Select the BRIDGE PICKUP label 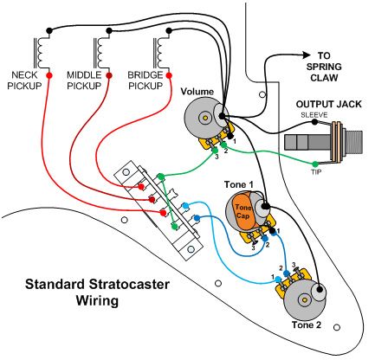(x=148, y=80)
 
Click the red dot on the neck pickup (x=48, y=75)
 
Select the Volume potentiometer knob (x=205, y=117)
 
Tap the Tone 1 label (x=239, y=185)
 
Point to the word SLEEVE (x=310, y=114)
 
